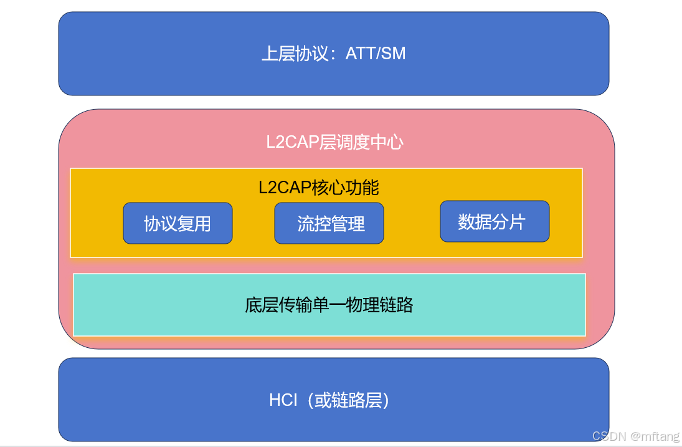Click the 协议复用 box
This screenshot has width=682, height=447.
pyautogui.click(x=178, y=223)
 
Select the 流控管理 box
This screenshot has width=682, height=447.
pyautogui.click(x=329, y=223)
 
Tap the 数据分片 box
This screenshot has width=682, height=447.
pyautogui.click(x=495, y=221)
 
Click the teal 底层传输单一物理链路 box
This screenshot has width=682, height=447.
pyautogui.click(x=329, y=305)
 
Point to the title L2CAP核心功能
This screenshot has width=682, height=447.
pyautogui.click(x=318, y=187)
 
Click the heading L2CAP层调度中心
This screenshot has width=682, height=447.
pyautogui.click(x=334, y=142)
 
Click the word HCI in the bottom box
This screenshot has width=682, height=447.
pyautogui.click(x=283, y=400)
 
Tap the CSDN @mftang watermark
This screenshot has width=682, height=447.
pyautogui.click(x=635, y=436)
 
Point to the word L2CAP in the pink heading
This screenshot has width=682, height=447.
pyautogui.click(x=292, y=142)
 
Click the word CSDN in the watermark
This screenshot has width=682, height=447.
pyautogui.click(x=609, y=436)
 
